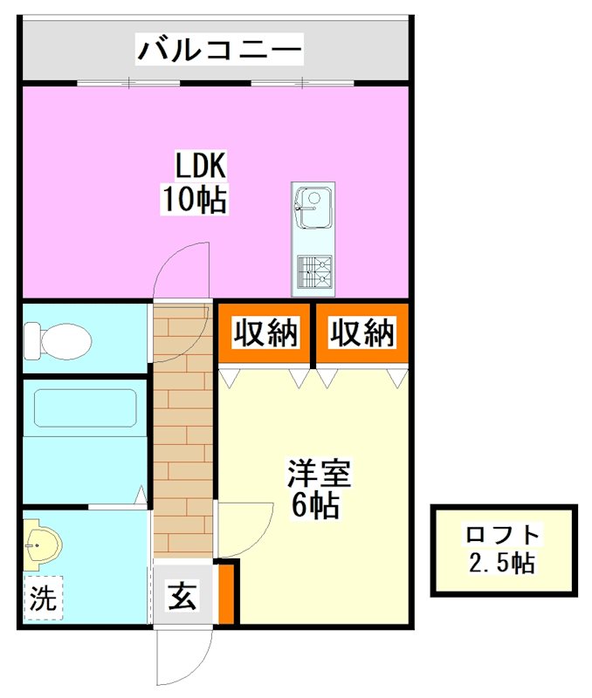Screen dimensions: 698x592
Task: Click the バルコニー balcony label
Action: tap(219, 48)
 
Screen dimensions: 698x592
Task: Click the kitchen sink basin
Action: tap(313, 202)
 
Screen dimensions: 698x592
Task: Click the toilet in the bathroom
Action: tap(58, 339)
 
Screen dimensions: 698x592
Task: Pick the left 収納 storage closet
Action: tap(265, 332)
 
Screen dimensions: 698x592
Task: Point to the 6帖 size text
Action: tap(315, 506)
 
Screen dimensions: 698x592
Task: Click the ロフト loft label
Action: tap(503, 534)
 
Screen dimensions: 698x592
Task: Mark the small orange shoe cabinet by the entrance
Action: tap(226, 594)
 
